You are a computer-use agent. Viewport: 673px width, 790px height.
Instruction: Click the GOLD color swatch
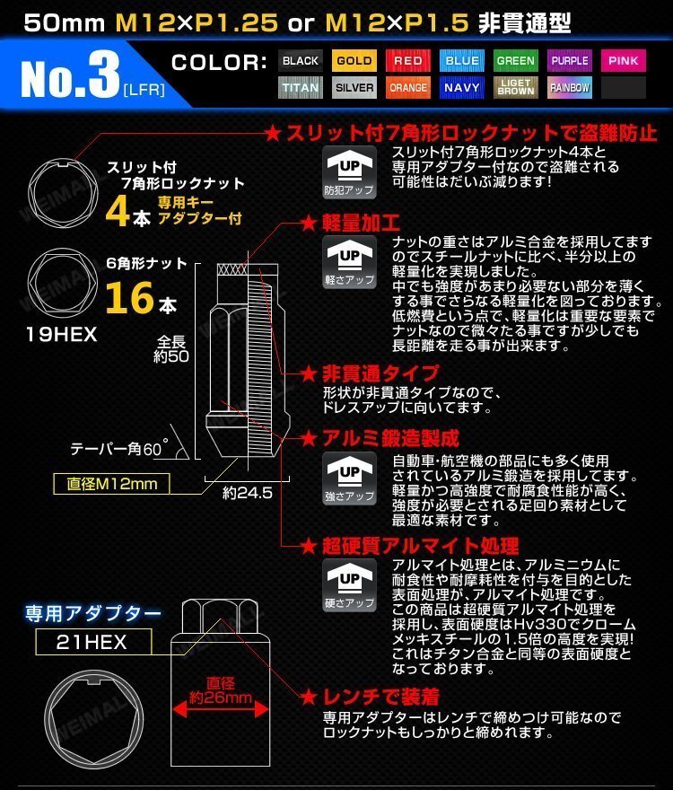(354, 61)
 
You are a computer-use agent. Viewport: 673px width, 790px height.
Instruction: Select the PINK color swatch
(623, 61)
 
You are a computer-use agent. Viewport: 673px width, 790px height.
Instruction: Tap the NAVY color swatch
(462, 88)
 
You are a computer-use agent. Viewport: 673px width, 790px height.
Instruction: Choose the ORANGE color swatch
(408, 88)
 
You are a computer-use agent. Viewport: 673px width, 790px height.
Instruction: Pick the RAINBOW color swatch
(570, 88)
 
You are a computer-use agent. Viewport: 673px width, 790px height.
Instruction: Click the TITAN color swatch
(301, 88)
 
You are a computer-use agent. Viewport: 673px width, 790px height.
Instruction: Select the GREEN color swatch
(516, 61)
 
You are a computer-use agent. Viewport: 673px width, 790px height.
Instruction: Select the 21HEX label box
(93, 642)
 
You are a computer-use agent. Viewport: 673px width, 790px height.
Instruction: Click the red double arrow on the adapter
(220, 709)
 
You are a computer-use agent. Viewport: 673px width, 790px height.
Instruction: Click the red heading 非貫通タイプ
(368, 372)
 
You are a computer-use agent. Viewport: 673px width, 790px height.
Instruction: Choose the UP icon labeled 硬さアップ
(350, 584)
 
